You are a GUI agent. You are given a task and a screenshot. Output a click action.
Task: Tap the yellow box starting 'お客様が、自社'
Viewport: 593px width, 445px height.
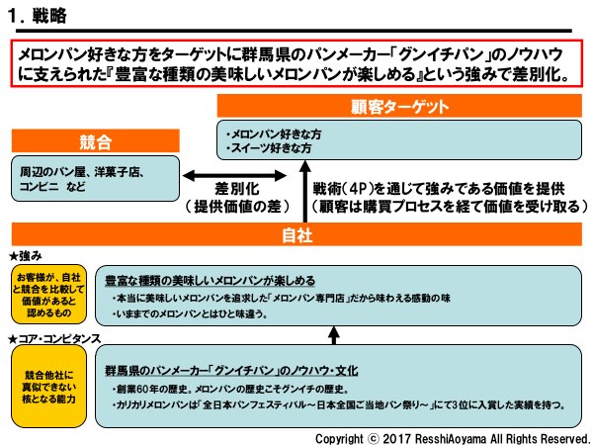click(x=47, y=292)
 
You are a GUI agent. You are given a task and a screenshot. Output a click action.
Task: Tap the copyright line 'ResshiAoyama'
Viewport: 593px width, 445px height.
click(x=452, y=436)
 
